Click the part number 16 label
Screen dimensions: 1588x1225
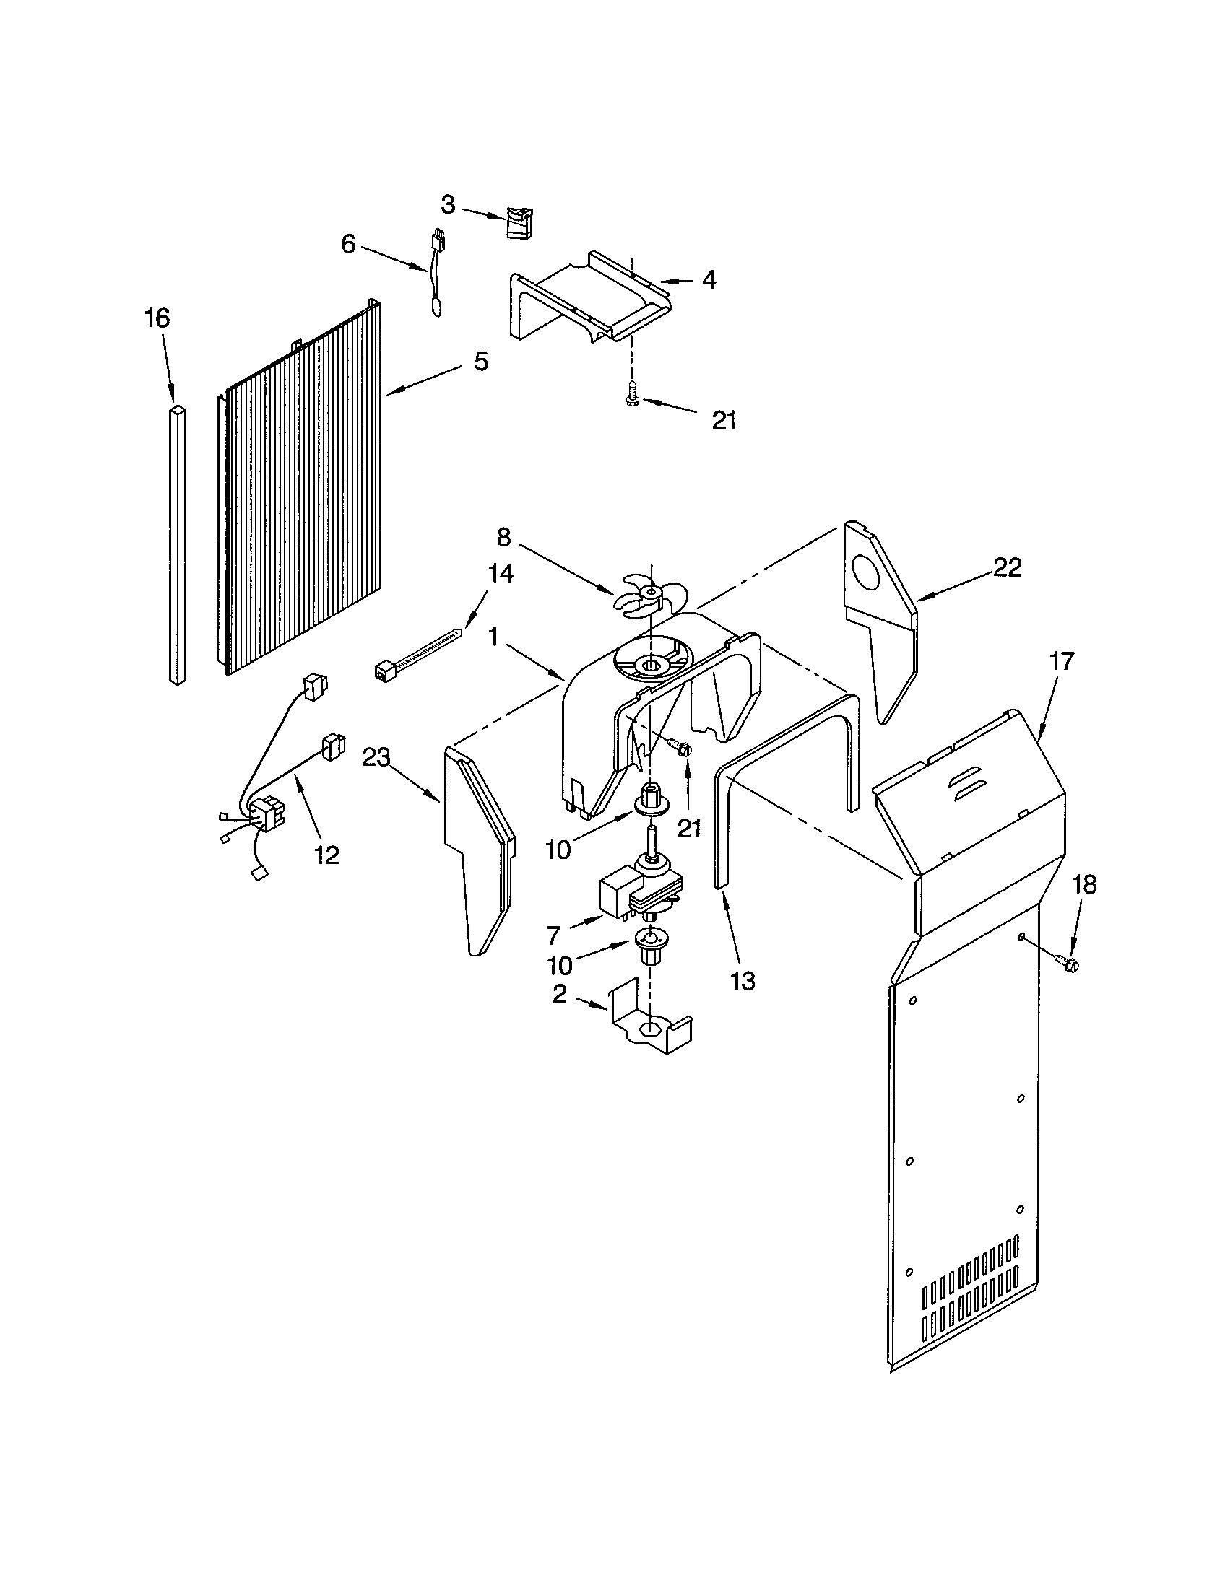157,318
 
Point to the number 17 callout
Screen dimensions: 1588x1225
1060,662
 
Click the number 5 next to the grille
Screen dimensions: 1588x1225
481,362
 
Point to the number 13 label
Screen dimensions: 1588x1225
743,981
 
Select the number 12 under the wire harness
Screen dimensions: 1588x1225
326,855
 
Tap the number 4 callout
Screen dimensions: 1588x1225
709,279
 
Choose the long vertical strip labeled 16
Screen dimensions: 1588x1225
178,545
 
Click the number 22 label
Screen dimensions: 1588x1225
1008,567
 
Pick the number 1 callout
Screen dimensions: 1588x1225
493,637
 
